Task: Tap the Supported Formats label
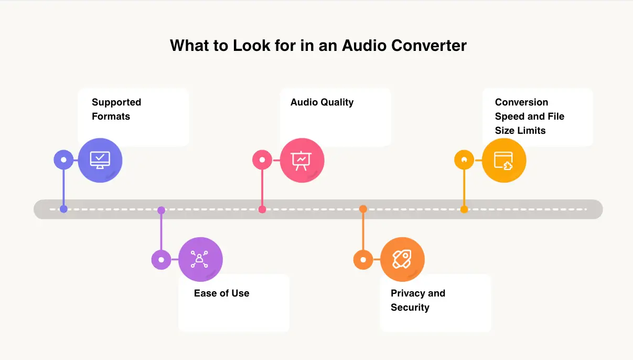tap(116, 109)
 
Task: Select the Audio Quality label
tap(322, 102)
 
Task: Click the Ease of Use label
tap(221, 293)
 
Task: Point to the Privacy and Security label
tap(417, 300)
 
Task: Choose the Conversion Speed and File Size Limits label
tap(529, 117)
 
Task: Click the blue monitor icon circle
tap(100, 160)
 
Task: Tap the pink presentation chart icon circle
tap(302, 160)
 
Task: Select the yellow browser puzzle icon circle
tap(503, 160)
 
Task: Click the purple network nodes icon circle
tap(200, 259)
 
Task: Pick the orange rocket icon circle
tap(402, 259)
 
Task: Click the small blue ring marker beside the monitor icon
tap(63, 160)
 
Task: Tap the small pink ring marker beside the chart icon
tap(262, 160)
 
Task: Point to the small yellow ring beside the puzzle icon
tap(464, 160)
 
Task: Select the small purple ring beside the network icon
tap(161, 260)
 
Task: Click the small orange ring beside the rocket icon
tap(363, 259)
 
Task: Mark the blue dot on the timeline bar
tap(63, 209)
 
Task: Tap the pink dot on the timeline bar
tap(262, 209)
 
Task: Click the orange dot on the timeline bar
tap(363, 209)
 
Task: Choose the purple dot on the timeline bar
tap(161, 210)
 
